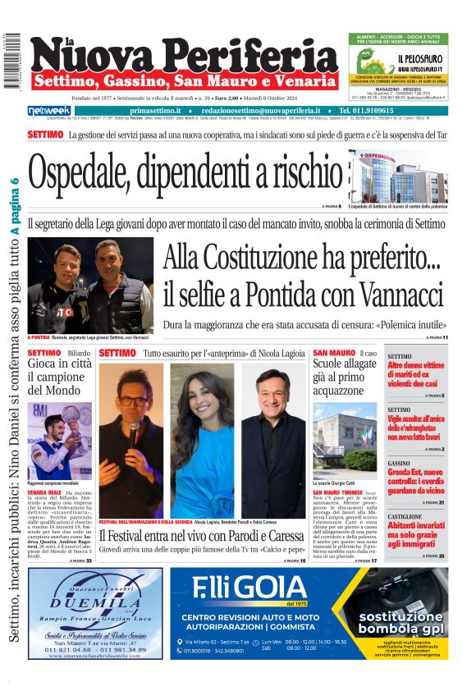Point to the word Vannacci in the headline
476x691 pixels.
click(385, 292)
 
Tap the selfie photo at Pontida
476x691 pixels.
click(90, 286)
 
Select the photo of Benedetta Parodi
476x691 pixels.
click(202, 440)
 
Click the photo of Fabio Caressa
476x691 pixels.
click(272, 440)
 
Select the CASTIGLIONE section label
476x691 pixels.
click(405, 515)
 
